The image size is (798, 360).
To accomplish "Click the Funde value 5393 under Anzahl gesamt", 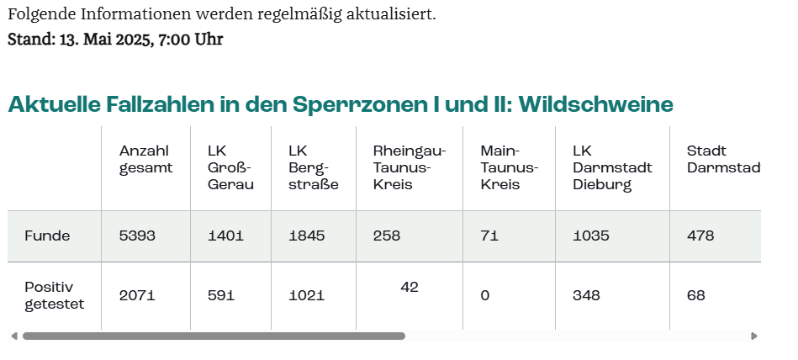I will (x=137, y=236).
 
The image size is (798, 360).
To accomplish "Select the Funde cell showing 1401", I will (x=225, y=236).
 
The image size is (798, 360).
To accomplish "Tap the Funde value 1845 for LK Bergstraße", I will (x=306, y=236).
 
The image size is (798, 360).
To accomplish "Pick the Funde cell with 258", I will (x=387, y=236).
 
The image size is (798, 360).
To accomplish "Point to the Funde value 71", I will (x=489, y=236).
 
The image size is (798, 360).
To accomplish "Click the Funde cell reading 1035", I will (x=590, y=236).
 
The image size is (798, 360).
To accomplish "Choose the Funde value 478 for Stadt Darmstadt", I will (x=700, y=236).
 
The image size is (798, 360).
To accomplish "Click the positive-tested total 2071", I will (x=137, y=295).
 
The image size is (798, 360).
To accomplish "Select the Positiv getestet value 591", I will (x=221, y=295).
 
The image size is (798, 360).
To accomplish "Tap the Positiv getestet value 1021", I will (x=306, y=295).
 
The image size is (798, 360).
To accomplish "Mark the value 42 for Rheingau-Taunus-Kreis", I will (x=410, y=288).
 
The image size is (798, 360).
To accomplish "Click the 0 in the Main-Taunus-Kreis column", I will (x=484, y=295).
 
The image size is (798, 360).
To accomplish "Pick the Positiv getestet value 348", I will (x=586, y=295).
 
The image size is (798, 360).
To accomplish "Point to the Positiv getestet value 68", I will (x=696, y=295).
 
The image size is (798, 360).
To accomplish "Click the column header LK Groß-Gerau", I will (x=230, y=167).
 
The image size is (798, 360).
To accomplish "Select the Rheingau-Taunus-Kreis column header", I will (x=410, y=167).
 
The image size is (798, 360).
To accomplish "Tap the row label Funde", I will (x=47, y=236).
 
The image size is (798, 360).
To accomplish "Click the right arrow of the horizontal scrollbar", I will (x=754, y=336).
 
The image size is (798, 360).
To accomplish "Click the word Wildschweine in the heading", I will (x=596, y=104).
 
